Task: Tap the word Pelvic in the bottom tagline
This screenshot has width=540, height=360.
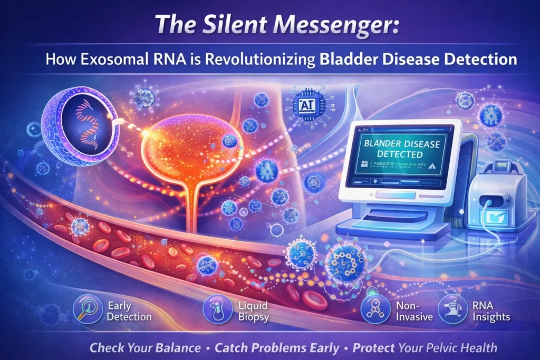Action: click(440, 348)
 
